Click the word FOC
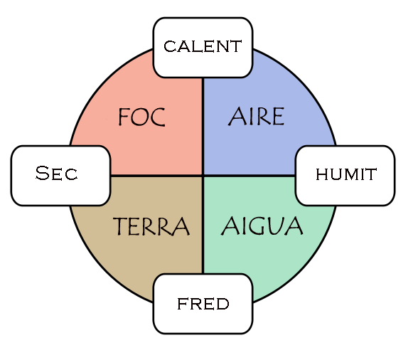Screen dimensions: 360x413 point(141,117)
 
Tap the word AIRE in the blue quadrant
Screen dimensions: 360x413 point(257,117)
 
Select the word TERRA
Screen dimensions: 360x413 point(151,227)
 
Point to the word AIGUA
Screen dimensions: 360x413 point(262,227)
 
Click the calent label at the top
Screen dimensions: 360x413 point(203,47)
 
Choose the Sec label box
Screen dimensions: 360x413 point(60,175)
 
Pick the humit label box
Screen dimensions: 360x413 point(345,175)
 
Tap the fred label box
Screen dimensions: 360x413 point(203,304)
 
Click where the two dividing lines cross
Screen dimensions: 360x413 point(203,175)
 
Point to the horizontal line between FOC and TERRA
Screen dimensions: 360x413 point(156,175)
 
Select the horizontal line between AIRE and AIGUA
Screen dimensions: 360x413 point(249,175)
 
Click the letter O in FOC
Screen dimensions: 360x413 point(141,117)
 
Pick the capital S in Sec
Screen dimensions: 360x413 point(42,174)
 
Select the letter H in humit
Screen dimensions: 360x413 point(321,175)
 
